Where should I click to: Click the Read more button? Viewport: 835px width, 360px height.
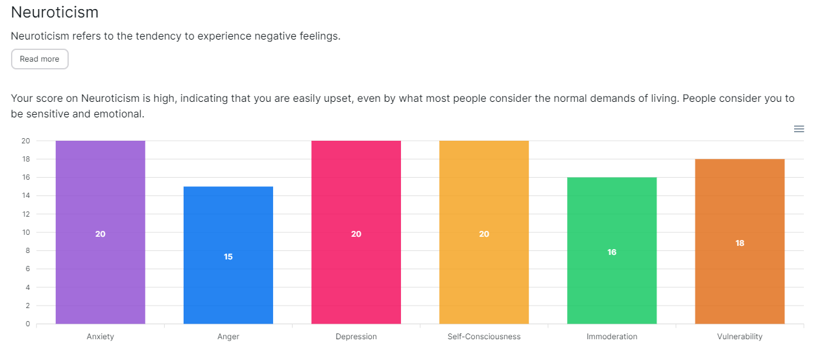40,59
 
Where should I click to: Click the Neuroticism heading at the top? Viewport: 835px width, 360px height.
54,12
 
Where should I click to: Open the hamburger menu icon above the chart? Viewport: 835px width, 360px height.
799,129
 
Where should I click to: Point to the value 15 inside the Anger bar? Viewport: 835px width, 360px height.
228,257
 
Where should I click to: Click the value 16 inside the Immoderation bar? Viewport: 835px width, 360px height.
611,252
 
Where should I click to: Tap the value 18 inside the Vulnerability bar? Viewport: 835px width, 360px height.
740,243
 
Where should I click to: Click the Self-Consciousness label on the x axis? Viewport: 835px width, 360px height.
483,337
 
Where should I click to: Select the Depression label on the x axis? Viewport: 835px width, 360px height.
356,337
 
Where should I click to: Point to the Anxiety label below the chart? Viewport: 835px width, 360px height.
100,337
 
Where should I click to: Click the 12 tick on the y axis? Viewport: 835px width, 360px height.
26,214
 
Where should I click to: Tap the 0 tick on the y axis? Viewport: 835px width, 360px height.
27,324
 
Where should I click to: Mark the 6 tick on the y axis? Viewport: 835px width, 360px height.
27,269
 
